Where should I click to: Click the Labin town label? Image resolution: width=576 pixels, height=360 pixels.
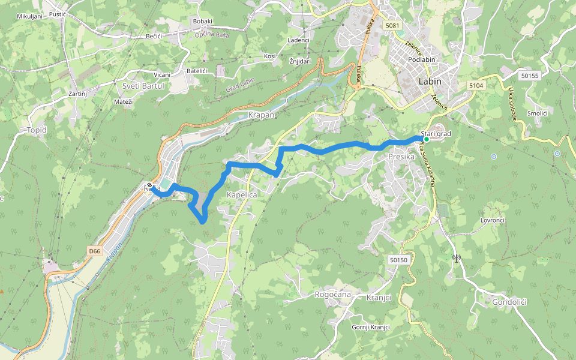[430, 82]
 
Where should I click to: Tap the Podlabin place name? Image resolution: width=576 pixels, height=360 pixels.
[421, 60]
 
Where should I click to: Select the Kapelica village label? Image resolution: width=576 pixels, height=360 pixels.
[242, 195]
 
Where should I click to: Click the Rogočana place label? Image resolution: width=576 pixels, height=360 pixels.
[332, 295]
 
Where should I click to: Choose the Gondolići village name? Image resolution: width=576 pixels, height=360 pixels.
[509, 302]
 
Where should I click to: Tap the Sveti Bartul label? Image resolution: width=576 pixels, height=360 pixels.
[143, 86]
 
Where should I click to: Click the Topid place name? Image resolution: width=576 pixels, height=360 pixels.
[37, 130]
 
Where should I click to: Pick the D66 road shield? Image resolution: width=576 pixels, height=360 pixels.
[94, 251]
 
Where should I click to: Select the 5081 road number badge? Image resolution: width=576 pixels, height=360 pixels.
[393, 25]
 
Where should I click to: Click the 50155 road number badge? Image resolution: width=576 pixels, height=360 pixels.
[530, 76]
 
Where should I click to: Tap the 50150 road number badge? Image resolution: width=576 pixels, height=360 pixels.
[398, 260]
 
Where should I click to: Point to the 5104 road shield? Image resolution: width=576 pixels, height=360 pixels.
[476, 86]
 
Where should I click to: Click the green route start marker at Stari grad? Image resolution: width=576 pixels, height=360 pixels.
[426, 139]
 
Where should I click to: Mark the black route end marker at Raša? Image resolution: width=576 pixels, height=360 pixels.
[149, 185]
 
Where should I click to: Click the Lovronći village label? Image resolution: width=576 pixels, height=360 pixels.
[493, 220]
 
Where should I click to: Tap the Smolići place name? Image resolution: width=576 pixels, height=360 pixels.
[537, 113]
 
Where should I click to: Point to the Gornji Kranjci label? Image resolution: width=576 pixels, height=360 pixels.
[370, 327]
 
